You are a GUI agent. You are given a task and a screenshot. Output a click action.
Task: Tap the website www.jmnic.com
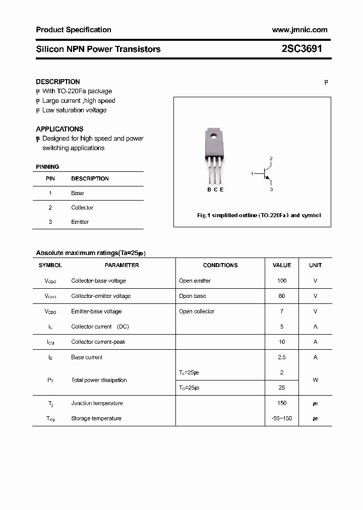[299, 30]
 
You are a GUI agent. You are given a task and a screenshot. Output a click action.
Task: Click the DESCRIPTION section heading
[58, 82]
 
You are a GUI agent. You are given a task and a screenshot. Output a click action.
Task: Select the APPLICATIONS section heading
[59, 129]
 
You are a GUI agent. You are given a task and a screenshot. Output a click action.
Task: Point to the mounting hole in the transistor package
[214, 135]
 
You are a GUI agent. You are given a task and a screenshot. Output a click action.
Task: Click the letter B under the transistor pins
[209, 189]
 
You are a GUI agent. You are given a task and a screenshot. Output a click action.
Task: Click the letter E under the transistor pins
[222, 189]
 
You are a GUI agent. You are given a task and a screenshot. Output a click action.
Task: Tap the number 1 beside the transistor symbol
[252, 174]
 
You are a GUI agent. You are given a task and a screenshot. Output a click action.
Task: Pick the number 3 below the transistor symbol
[271, 189]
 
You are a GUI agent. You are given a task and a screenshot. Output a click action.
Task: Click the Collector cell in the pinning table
[82, 208]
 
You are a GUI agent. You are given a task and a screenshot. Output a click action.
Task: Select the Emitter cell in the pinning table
[80, 222]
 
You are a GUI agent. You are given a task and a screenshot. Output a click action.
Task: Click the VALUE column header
[282, 265]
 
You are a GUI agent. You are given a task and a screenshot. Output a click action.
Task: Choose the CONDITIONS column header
[220, 265]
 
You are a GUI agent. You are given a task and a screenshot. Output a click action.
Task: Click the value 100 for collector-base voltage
[282, 281]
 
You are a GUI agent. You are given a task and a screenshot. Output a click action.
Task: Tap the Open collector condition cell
[197, 311]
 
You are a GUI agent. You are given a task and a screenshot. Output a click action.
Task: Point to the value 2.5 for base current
[282, 357]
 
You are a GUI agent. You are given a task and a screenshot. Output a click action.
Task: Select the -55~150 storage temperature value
[282, 418]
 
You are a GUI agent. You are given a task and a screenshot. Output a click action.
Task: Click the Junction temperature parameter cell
[96, 403]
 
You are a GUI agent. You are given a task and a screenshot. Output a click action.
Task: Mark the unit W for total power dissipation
[315, 380]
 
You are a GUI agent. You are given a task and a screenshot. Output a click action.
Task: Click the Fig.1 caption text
[259, 215]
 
